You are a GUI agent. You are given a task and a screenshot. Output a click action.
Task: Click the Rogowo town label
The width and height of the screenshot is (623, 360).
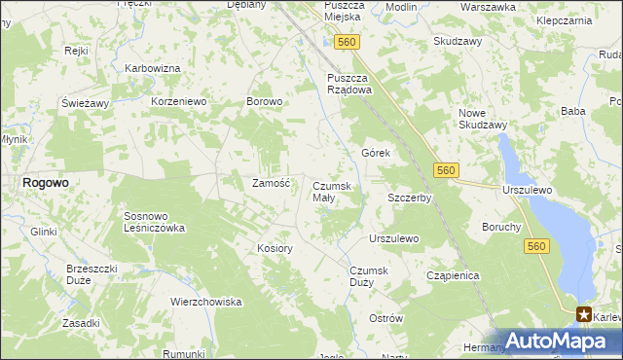[44, 182]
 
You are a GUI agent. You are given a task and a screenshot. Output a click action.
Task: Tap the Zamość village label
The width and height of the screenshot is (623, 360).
[272, 183]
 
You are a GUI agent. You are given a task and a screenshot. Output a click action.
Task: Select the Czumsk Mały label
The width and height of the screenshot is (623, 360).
[337, 192]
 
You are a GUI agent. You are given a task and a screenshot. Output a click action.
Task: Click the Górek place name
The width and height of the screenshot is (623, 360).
[376, 154]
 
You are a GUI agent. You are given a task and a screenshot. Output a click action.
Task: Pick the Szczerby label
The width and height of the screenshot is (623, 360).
[409, 198]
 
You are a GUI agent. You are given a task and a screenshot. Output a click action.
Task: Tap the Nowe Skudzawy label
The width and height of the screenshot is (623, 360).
[483, 119]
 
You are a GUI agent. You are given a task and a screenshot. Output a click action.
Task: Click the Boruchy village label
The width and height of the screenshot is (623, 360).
[501, 227]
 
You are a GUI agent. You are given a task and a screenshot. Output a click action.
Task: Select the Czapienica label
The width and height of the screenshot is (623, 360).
[454, 275]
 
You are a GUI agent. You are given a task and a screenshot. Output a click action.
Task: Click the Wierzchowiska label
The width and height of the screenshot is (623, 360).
[205, 302]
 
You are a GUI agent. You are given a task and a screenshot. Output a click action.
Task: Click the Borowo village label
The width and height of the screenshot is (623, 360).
[265, 101]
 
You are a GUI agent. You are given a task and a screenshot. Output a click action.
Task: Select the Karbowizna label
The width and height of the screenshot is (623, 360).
[154, 68]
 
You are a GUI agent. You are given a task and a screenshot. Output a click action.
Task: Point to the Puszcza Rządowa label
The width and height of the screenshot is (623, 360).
[349, 84]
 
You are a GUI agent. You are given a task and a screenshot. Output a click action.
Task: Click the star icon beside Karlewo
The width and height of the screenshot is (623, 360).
[584, 313]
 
